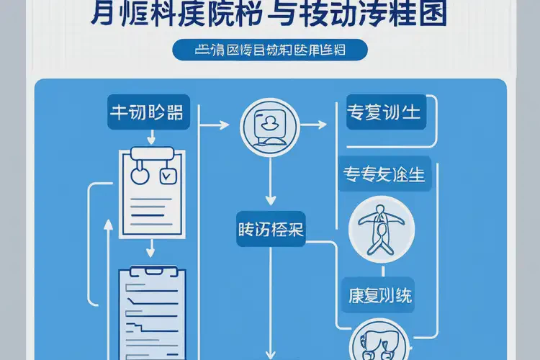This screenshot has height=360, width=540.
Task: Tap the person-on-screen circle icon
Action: click(x=269, y=125)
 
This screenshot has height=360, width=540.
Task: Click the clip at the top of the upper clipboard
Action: click(x=153, y=153)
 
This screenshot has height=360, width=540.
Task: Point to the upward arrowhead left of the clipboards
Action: click(x=108, y=225)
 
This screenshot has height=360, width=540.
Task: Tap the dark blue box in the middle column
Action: click(x=270, y=230)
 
